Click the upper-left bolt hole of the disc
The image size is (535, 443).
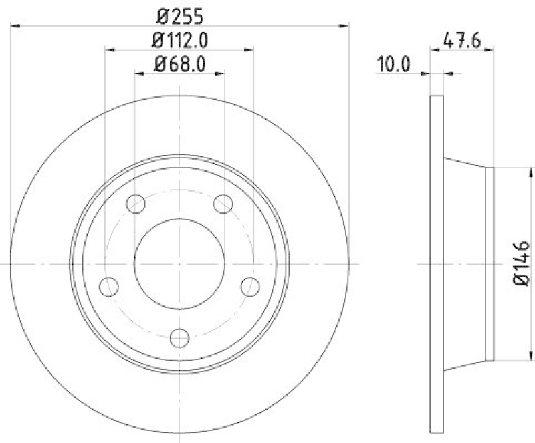point(136,202)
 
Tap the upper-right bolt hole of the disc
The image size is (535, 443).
point(223,202)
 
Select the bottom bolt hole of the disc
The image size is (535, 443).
point(179,338)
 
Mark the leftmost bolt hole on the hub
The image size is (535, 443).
point(108,287)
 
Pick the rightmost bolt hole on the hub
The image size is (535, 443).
point(250,287)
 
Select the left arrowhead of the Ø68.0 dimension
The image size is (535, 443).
point(139,73)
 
